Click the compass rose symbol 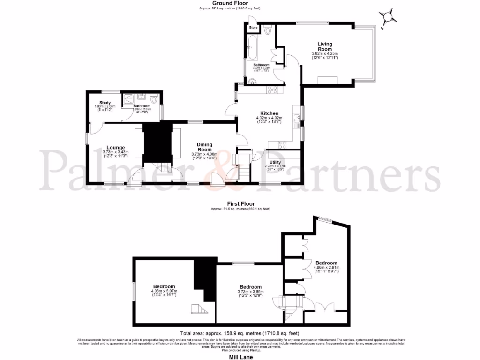pyautogui.click(x=388, y=18)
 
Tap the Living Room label pyautogui.click(x=324, y=46)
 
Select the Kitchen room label pyautogui.click(x=270, y=113)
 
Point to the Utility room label pyautogui.click(x=275, y=162)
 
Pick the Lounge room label pyautogui.click(x=115, y=147)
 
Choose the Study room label pyautogui.click(x=105, y=103)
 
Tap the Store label pyautogui.click(x=253, y=28)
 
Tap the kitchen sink pyautogui.click(x=296, y=123)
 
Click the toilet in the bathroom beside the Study pyautogui.click(x=154, y=99)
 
